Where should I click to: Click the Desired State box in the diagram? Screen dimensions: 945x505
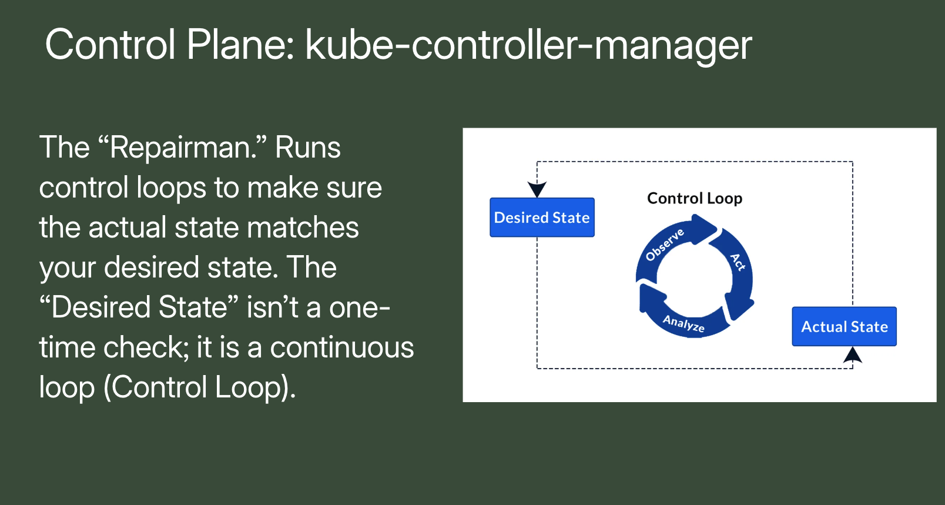(x=542, y=218)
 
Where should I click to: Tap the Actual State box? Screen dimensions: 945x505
(x=844, y=326)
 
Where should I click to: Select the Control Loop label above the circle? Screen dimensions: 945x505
(x=695, y=198)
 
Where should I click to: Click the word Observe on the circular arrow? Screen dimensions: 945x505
(x=665, y=245)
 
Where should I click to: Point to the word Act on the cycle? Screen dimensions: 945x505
(x=738, y=262)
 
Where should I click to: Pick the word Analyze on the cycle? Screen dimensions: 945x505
(x=684, y=323)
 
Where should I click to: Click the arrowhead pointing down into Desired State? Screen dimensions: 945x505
(x=537, y=189)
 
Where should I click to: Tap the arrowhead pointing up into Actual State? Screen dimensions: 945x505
(x=853, y=355)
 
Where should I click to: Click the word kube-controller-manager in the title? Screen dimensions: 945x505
(x=528, y=45)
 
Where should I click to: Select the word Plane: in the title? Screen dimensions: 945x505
(x=240, y=45)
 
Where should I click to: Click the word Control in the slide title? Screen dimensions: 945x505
(x=110, y=45)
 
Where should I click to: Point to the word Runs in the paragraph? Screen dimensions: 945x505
(x=307, y=148)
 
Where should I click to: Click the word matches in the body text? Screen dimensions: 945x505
(x=303, y=228)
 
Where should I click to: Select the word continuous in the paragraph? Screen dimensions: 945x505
(x=341, y=347)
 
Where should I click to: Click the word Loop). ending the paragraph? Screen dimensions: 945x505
(x=255, y=387)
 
